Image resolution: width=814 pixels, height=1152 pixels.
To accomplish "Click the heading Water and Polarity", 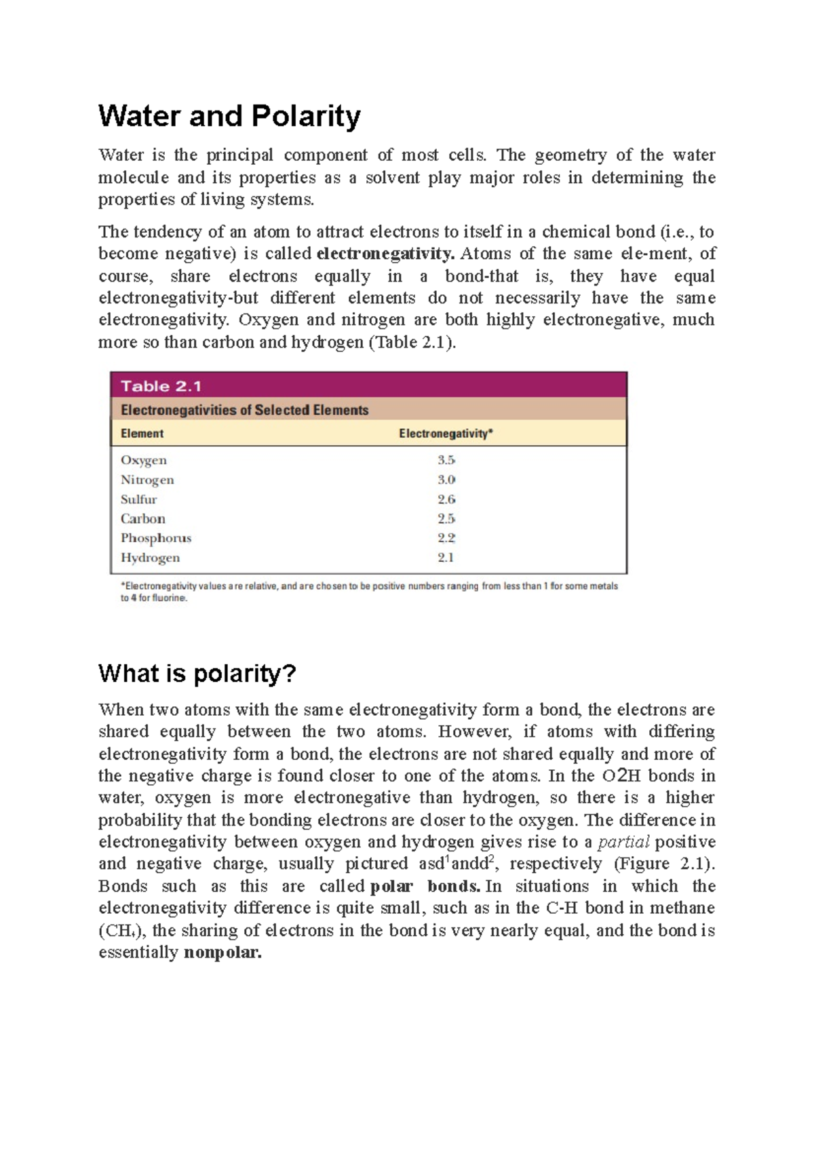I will [229, 116].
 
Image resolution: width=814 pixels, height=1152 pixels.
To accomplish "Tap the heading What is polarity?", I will [197, 674].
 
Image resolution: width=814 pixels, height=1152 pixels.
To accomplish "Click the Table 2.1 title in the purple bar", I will [161, 386].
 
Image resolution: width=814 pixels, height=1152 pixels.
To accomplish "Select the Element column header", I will [142, 434].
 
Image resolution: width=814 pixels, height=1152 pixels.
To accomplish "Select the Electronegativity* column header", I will [446, 434].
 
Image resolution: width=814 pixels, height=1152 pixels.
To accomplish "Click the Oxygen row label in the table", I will [143, 460].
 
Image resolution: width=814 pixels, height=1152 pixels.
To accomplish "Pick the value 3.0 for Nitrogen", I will [446, 480].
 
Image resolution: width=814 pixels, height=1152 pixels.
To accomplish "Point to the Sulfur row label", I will [138, 499].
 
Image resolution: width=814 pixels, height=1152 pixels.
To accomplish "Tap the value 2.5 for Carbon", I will [446, 519].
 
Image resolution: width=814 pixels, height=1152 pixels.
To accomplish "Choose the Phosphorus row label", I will [156, 538].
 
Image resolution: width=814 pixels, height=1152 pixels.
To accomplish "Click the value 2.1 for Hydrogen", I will [445, 558].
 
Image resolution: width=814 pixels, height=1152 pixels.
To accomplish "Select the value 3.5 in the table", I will [446, 460].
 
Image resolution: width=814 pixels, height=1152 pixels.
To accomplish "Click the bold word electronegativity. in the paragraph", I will [385, 254].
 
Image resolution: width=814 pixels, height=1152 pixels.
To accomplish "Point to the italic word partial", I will [623, 842].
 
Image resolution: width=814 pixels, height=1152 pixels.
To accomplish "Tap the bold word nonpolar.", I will [222, 953].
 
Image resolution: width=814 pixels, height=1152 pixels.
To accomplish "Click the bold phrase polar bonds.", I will [425, 886].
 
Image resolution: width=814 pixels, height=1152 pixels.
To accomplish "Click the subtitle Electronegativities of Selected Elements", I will [244, 410].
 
